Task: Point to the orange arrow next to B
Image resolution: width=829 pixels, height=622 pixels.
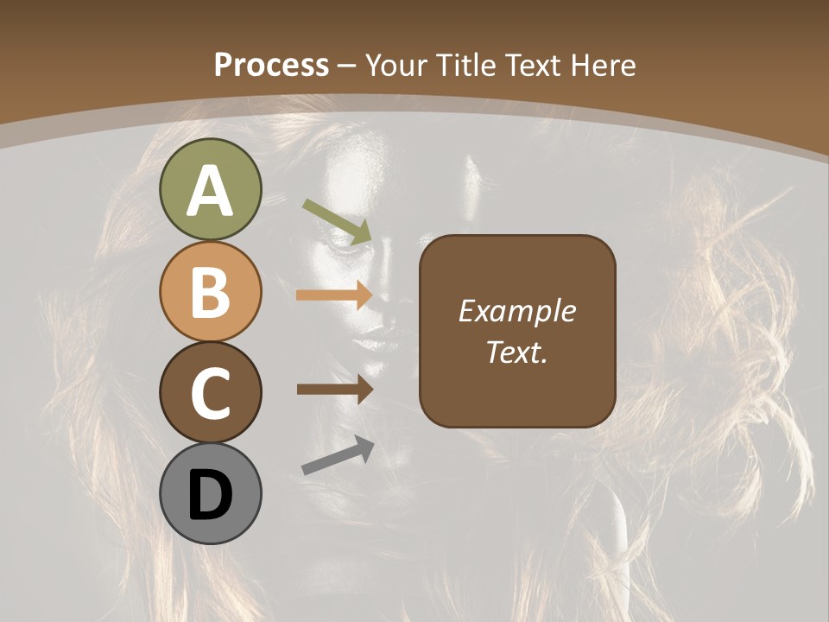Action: tap(334, 295)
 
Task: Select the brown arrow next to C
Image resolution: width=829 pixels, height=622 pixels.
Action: tap(334, 389)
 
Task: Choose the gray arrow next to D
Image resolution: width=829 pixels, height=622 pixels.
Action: tap(338, 455)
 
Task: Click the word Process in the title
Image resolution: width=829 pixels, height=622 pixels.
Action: tap(271, 66)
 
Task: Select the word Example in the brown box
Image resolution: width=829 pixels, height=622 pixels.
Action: tap(516, 311)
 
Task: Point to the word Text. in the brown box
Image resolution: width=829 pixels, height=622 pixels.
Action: tap(516, 352)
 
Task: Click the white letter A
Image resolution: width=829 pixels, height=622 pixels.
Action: tap(210, 192)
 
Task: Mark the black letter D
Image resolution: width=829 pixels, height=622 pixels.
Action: tap(210, 496)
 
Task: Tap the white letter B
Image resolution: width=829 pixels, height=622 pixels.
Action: tap(210, 292)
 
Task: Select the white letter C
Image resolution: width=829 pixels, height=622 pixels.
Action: tap(210, 394)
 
